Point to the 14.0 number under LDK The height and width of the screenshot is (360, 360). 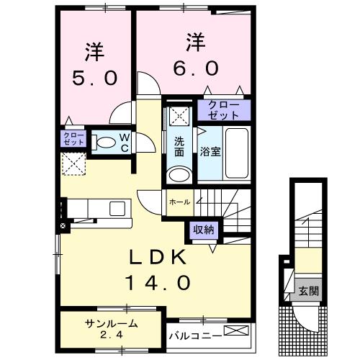click(160, 283)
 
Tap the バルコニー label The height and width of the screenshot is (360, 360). click(194, 334)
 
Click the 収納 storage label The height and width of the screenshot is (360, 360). click(204, 230)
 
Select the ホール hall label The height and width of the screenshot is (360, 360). click(179, 202)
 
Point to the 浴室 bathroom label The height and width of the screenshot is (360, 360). click(210, 152)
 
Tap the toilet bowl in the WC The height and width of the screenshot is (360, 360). click(104, 142)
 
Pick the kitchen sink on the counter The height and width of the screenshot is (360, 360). click(116, 209)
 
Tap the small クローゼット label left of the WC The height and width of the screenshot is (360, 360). click(73, 138)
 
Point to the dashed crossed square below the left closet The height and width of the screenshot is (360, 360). click(74, 166)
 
